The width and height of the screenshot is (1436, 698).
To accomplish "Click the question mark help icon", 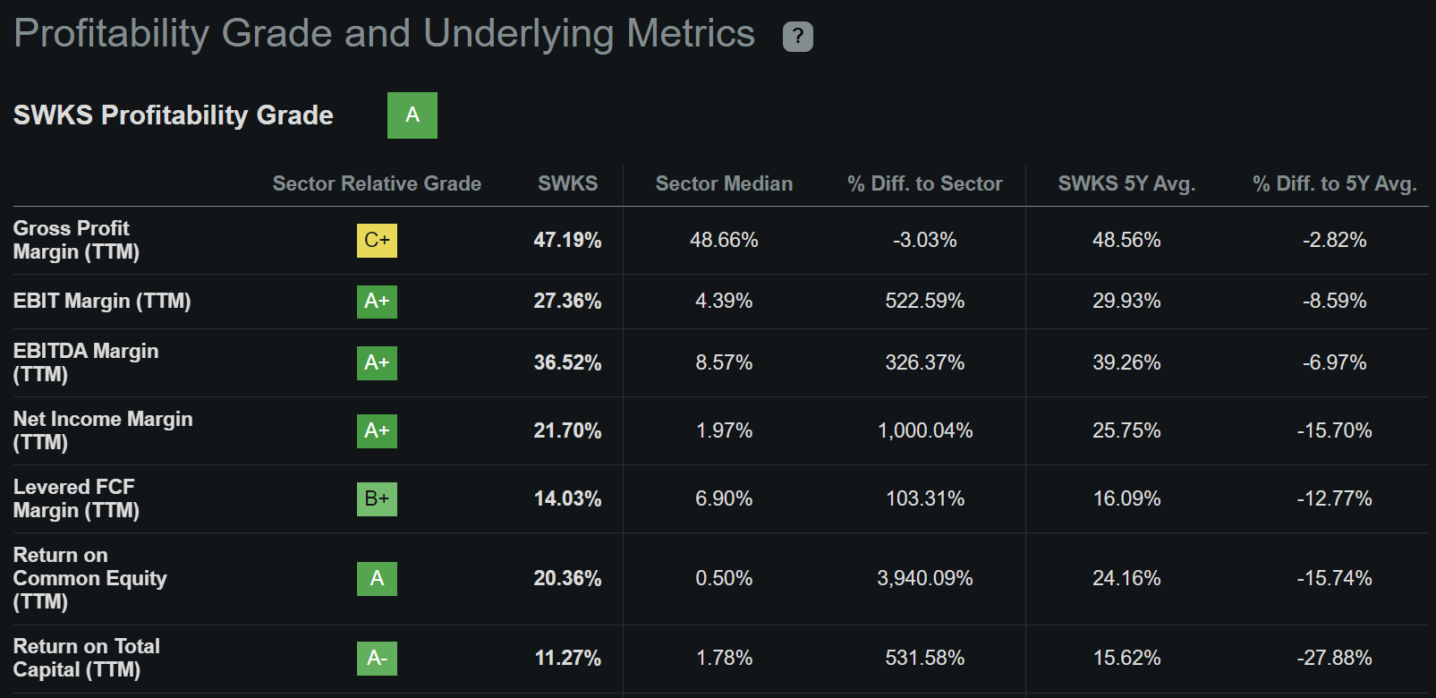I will (797, 37).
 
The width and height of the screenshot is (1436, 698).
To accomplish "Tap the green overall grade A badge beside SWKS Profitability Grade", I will (412, 115).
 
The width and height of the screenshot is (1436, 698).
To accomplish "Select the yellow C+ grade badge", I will (377, 240).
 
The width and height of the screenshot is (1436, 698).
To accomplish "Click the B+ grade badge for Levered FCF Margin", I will (377, 498).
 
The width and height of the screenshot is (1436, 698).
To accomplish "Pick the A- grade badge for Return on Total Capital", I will (377, 658).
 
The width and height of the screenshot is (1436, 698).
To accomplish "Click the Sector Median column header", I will (724, 183).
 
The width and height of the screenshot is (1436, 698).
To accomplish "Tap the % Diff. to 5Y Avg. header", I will (1334, 183).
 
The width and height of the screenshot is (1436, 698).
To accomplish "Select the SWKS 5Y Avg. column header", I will (1126, 183).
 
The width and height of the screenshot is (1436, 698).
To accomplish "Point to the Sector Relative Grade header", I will (377, 183).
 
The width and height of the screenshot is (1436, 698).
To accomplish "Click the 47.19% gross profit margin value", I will (567, 240).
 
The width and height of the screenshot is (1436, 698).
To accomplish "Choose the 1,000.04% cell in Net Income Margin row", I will (925, 430).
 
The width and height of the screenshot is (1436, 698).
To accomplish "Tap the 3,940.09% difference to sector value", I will (925, 578).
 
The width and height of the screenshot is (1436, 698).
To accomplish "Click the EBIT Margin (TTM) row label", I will (102, 301).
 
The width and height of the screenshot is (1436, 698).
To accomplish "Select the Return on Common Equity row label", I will (89, 578).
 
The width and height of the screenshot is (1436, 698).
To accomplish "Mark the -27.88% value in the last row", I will (1334, 658).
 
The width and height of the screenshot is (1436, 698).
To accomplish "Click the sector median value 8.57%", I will (724, 362).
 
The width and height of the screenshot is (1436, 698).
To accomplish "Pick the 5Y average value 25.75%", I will (1126, 430).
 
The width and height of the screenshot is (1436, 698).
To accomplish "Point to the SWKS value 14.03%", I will (567, 498).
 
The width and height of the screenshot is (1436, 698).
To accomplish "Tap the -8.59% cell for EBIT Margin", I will (1334, 301).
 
